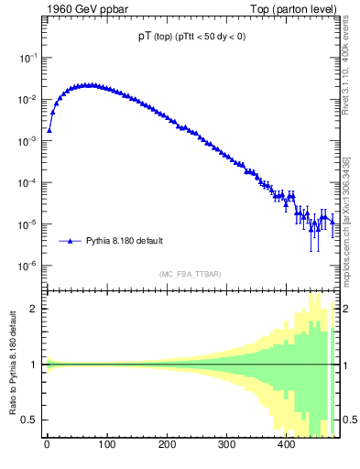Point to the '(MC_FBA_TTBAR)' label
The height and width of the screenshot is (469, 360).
pyautogui.click(x=191, y=274)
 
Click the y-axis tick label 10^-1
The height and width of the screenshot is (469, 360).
pyautogui.click(x=29, y=58)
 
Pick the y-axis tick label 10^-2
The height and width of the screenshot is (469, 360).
pyautogui.click(x=29, y=99)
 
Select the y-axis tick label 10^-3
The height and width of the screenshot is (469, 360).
pyautogui.click(x=29, y=141)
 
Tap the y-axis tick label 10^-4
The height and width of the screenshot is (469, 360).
pyautogui.click(x=29, y=183)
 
